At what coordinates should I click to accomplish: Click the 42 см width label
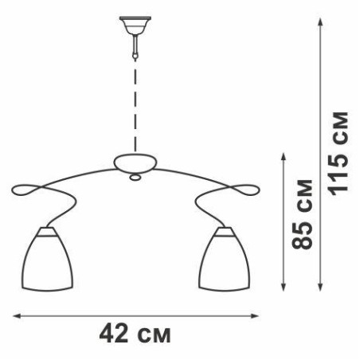click(135, 334)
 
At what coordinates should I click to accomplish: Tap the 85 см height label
click(302, 214)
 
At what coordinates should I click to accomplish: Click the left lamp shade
click(47, 259)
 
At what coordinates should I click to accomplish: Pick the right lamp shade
click(225, 259)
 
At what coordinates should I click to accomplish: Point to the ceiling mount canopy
click(135, 25)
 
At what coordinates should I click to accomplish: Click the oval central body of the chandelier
click(135, 163)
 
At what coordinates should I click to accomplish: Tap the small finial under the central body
click(135, 178)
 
